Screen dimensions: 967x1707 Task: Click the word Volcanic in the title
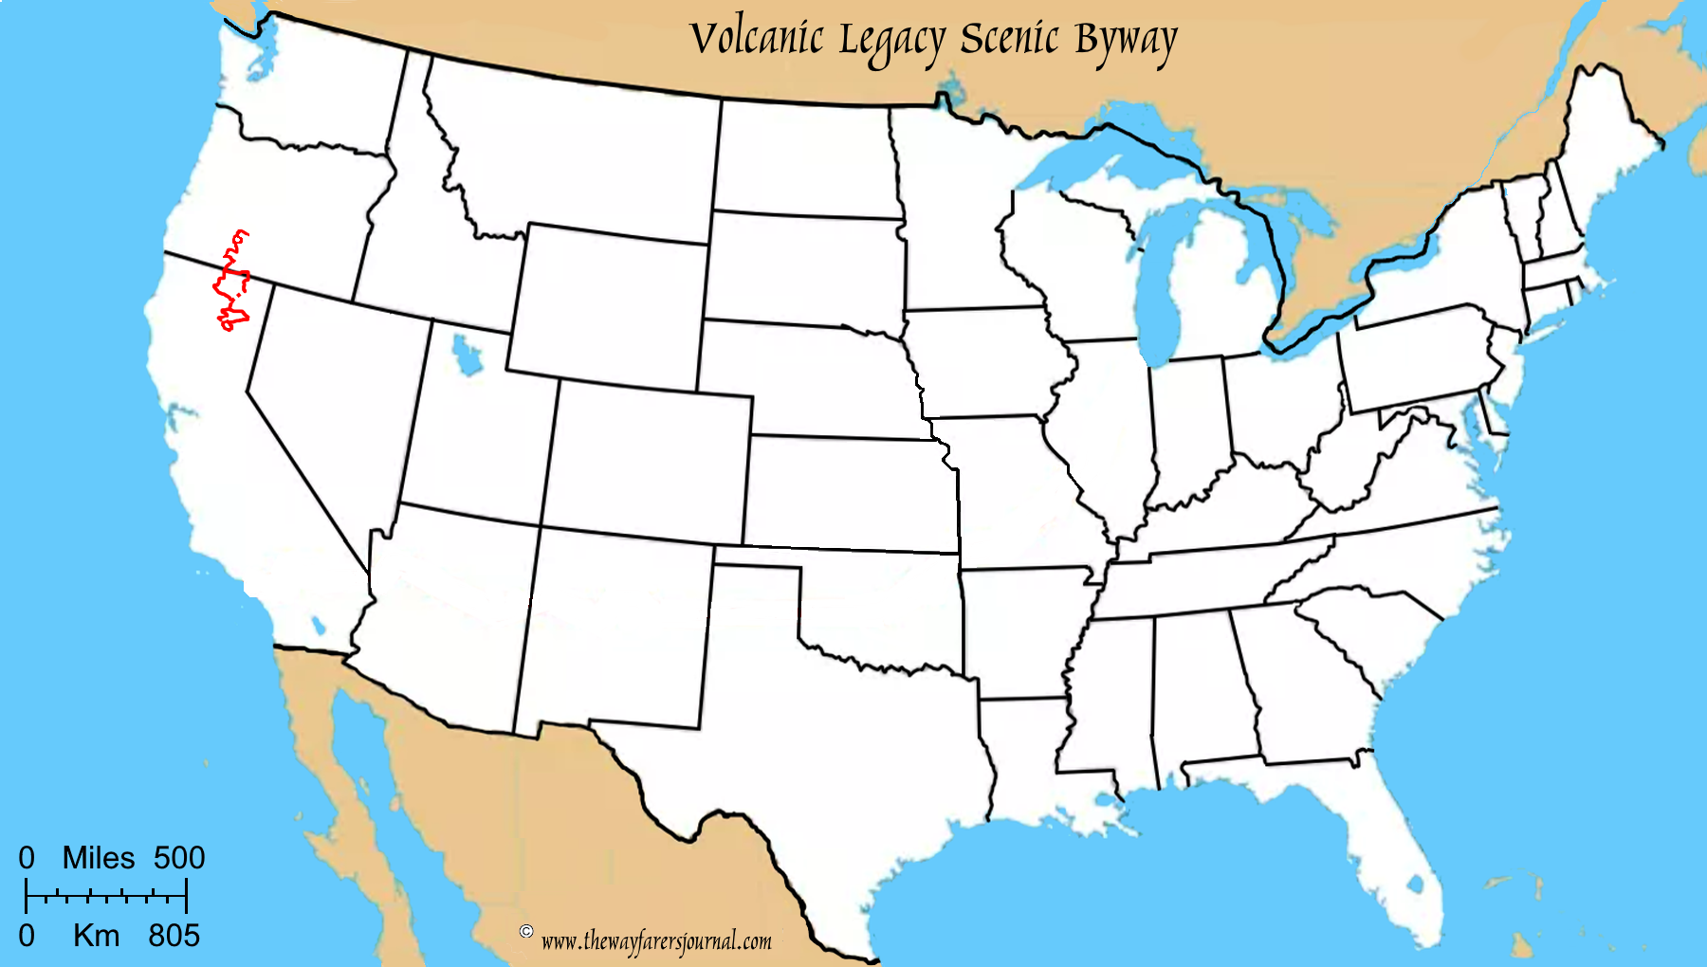pyautogui.click(x=756, y=39)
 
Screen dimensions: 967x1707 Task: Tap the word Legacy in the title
pyautogui.click(x=891, y=42)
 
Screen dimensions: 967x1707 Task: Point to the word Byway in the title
pyautogui.click(x=1126, y=42)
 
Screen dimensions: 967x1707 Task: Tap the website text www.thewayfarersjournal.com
pyautogui.click(x=656, y=941)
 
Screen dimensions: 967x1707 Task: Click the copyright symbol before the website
pyautogui.click(x=526, y=931)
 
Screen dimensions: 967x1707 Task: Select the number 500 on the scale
pyautogui.click(x=179, y=858)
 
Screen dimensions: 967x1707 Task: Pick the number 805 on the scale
pyautogui.click(x=174, y=936)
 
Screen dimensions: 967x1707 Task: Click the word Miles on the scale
pyautogui.click(x=99, y=858)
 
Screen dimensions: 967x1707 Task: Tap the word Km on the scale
pyautogui.click(x=97, y=936)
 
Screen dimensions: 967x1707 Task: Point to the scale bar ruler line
pyautogui.click(x=106, y=895)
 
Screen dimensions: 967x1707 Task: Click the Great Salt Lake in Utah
pyautogui.click(x=465, y=356)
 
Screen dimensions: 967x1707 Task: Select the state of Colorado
pyautogui.click(x=647, y=461)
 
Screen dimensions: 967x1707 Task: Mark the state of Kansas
pyautogui.click(x=849, y=493)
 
